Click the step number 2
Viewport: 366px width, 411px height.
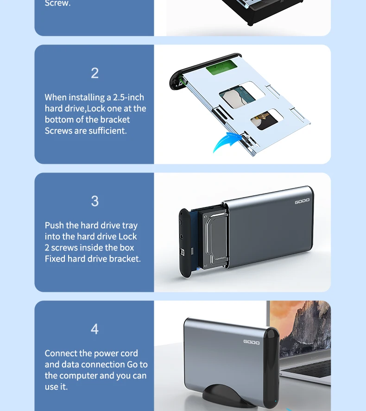(95, 73)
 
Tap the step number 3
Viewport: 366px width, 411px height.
(95, 201)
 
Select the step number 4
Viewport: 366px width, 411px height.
(95, 329)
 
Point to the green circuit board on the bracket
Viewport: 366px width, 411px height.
(221, 67)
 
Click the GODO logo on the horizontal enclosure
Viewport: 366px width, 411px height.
(302, 201)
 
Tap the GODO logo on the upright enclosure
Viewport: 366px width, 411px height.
(251, 342)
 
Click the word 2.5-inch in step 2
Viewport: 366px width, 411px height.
(128, 97)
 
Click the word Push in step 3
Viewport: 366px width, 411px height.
(54, 225)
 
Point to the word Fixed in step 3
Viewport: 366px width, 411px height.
(55, 259)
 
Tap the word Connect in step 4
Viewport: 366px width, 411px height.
(61, 353)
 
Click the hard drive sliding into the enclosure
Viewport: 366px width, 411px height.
(213, 239)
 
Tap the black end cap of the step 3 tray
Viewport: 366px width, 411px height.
(185, 243)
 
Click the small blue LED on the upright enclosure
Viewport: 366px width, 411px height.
(275, 401)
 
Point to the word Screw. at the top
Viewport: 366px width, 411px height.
(57, 3)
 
